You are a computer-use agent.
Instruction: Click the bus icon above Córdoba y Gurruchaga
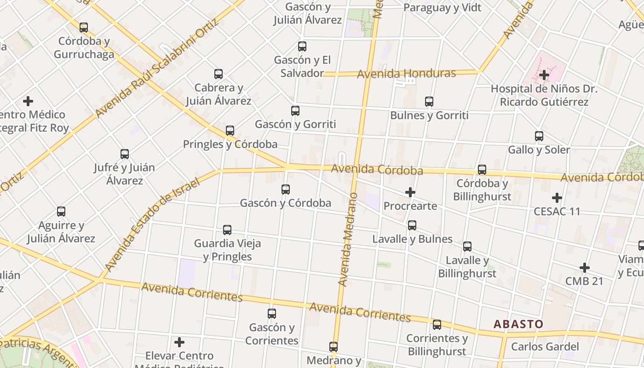coord(83,28)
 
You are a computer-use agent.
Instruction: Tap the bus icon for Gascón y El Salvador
coord(302,46)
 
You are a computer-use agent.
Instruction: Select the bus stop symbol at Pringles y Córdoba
coord(230,131)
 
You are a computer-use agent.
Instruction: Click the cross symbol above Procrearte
coord(410,192)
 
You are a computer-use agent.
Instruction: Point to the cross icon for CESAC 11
coord(557,198)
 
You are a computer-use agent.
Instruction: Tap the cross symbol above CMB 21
coord(585,268)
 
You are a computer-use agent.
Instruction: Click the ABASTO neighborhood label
coord(518,324)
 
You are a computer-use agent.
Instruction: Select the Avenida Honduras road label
coord(406,74)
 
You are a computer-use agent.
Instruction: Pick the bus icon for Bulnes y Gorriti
coord(429,102)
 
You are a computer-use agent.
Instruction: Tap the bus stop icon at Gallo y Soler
coord(539,136)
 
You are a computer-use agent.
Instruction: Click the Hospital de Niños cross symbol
coord(544,75)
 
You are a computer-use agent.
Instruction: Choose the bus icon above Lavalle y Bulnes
coord(412,225)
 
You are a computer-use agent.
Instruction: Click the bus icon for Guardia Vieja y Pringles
coord(227,230)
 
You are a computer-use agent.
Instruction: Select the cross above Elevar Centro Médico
coord(179,342)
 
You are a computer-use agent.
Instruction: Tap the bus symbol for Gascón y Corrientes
coord(272,314)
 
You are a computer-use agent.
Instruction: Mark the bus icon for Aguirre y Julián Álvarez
coord(61,212)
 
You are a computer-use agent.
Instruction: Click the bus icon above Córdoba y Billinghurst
coord(482,170)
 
